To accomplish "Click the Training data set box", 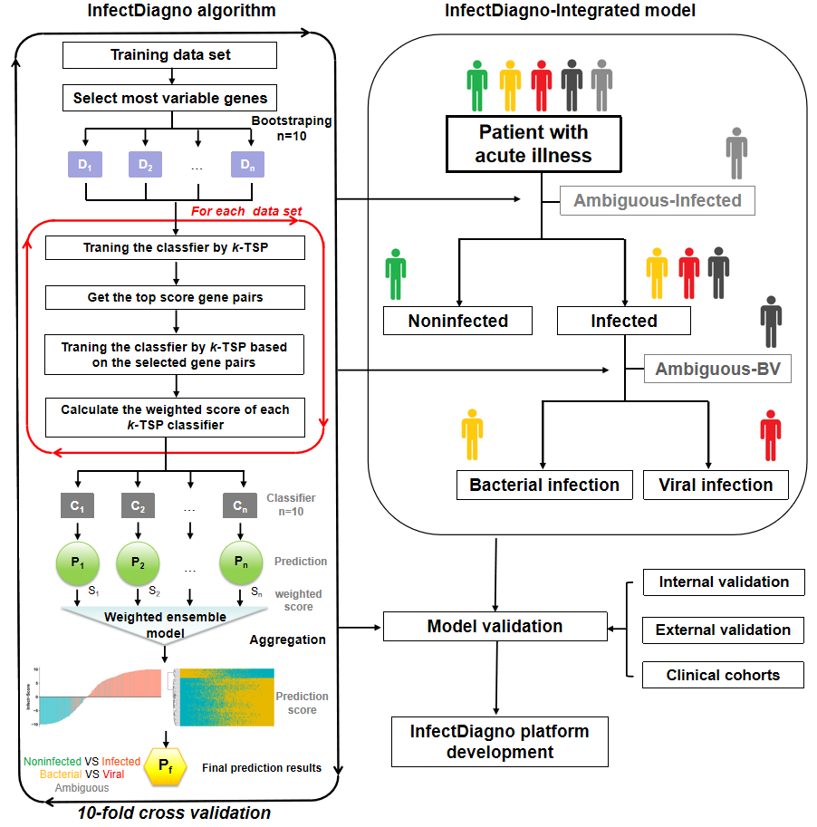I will [169, 55].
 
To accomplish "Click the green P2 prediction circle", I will [138, 563].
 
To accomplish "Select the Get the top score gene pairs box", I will [175, 297].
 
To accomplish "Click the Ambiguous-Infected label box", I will [657, 200].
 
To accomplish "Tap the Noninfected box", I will [457, 321].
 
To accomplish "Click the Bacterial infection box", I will [544, 485].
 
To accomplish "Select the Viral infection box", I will [716, 485].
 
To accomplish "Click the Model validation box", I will [495, 626].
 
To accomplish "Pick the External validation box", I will [723, 630].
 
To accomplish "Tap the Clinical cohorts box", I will [723, 675].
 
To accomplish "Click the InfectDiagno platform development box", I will [499, 741].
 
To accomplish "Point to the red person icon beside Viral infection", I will [771, 436].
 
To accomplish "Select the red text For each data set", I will [246, 211].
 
